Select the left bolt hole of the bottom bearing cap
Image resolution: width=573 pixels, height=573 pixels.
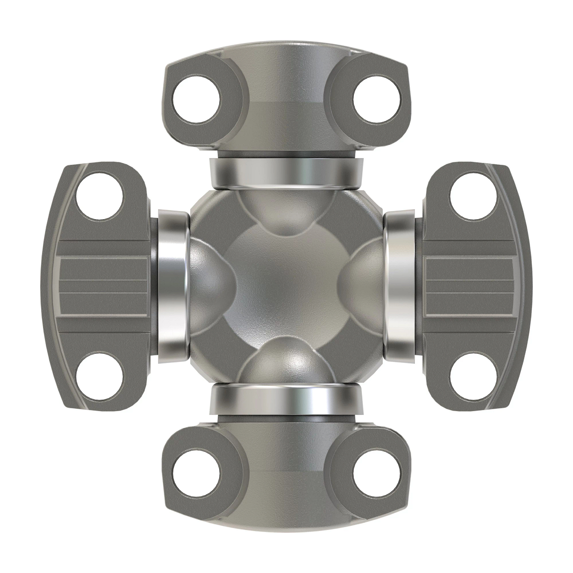tap(196, 473)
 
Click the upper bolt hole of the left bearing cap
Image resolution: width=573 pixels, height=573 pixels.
tap(100, 197)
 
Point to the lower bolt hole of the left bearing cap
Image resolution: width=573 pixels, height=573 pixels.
tap(100, 376)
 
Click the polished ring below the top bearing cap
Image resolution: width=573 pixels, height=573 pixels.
tap(286, 173)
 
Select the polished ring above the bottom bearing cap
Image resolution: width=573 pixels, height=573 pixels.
tap(286, 400)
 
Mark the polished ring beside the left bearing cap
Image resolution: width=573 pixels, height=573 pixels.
tap(172, 286)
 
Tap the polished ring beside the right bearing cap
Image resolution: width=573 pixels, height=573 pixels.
tap(401, 286)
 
